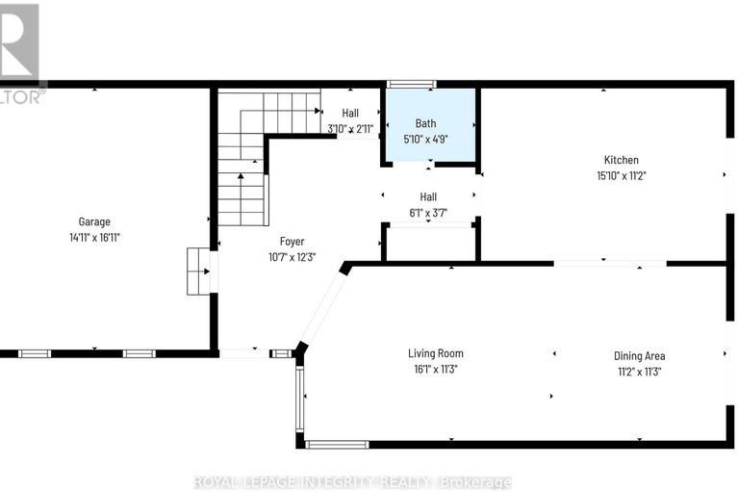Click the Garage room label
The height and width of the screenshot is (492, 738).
94,220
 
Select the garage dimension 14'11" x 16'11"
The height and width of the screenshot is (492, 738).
94,237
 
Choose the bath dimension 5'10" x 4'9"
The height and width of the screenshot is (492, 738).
426,139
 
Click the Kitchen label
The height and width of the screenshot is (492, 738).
621,160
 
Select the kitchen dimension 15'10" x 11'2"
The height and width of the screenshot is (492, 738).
621,176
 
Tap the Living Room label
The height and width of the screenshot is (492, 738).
435,353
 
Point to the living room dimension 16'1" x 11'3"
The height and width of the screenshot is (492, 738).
435,370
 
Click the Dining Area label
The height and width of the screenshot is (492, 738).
640,355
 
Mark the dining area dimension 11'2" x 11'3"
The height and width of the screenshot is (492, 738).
640,371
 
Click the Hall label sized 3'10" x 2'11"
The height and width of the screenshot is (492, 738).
350,113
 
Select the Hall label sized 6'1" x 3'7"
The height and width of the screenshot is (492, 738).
428,196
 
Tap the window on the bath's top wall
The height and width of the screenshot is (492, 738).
411,85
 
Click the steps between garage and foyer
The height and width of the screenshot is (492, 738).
198,271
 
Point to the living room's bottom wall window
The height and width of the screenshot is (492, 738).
337,444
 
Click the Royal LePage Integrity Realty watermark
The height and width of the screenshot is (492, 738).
353,481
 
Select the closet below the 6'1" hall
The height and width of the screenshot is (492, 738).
429,243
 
